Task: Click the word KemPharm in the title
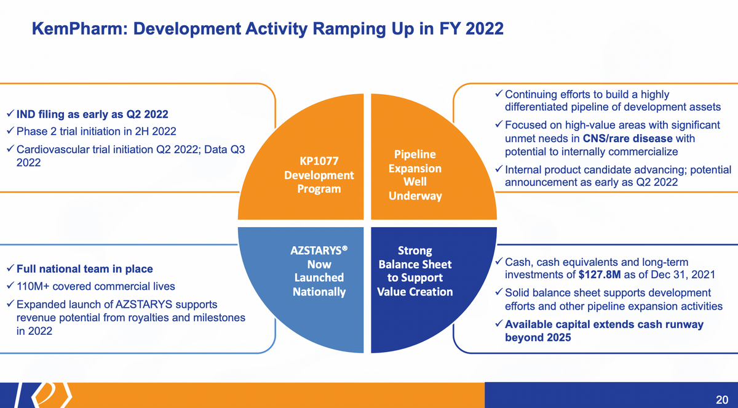[80, 29]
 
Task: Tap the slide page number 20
[722, 400]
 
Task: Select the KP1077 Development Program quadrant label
[319, 175]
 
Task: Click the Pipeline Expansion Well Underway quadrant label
[415, 175]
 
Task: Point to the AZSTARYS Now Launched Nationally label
[319, 271]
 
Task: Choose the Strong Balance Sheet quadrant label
[415, 271]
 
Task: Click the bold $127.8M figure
[600, 274]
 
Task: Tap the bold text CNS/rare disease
[628, 138]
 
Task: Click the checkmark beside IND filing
[10, 114]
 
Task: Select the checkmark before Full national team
[10, 268]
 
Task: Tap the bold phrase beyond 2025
[538, 337]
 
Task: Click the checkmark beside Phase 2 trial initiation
[10, 131]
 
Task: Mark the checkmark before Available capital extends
[499, 324]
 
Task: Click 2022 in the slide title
[485, 29]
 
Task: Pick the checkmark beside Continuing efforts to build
[499, 94]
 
